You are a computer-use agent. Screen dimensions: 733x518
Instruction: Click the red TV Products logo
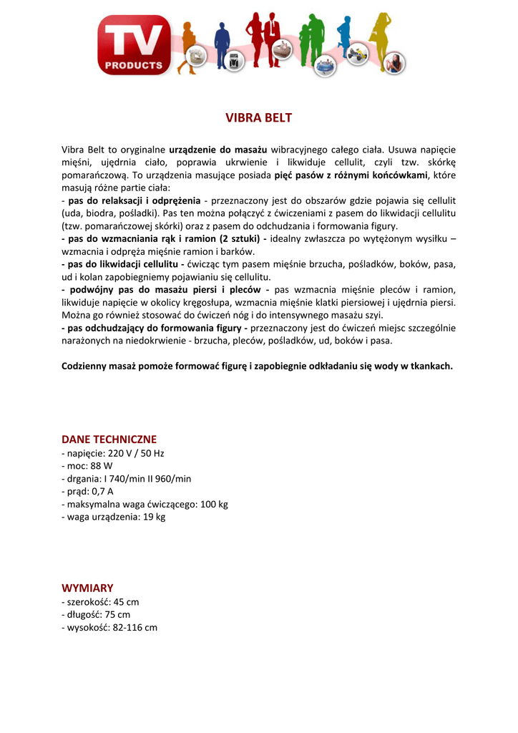pyautogui.click(x=135, y=45)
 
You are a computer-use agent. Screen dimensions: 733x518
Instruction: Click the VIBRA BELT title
pyautogui.click(x=259, y=117)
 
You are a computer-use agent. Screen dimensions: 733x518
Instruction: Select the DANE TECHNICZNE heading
pyautogui.click(x=109, y=439)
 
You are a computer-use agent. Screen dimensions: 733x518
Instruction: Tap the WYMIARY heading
pyautogui.click(x=87, y=588)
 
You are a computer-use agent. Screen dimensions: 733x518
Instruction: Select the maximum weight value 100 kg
pyautogui.click(x=214, y=504)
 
